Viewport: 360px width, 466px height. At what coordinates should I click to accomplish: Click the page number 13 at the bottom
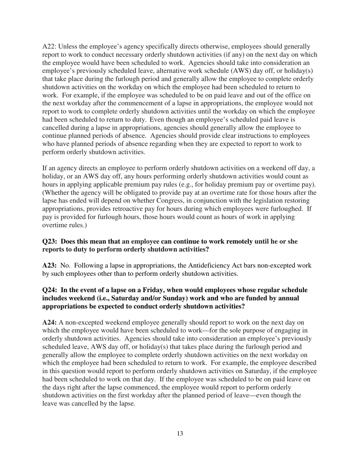coord(180,433)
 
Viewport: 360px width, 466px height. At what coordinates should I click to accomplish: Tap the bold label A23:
coord(50,266)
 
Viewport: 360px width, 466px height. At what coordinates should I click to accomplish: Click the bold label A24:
coord(50,322)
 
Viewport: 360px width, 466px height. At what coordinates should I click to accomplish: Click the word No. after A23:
coord(65,266)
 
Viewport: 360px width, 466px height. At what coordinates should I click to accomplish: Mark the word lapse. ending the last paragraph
coord(125,403)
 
